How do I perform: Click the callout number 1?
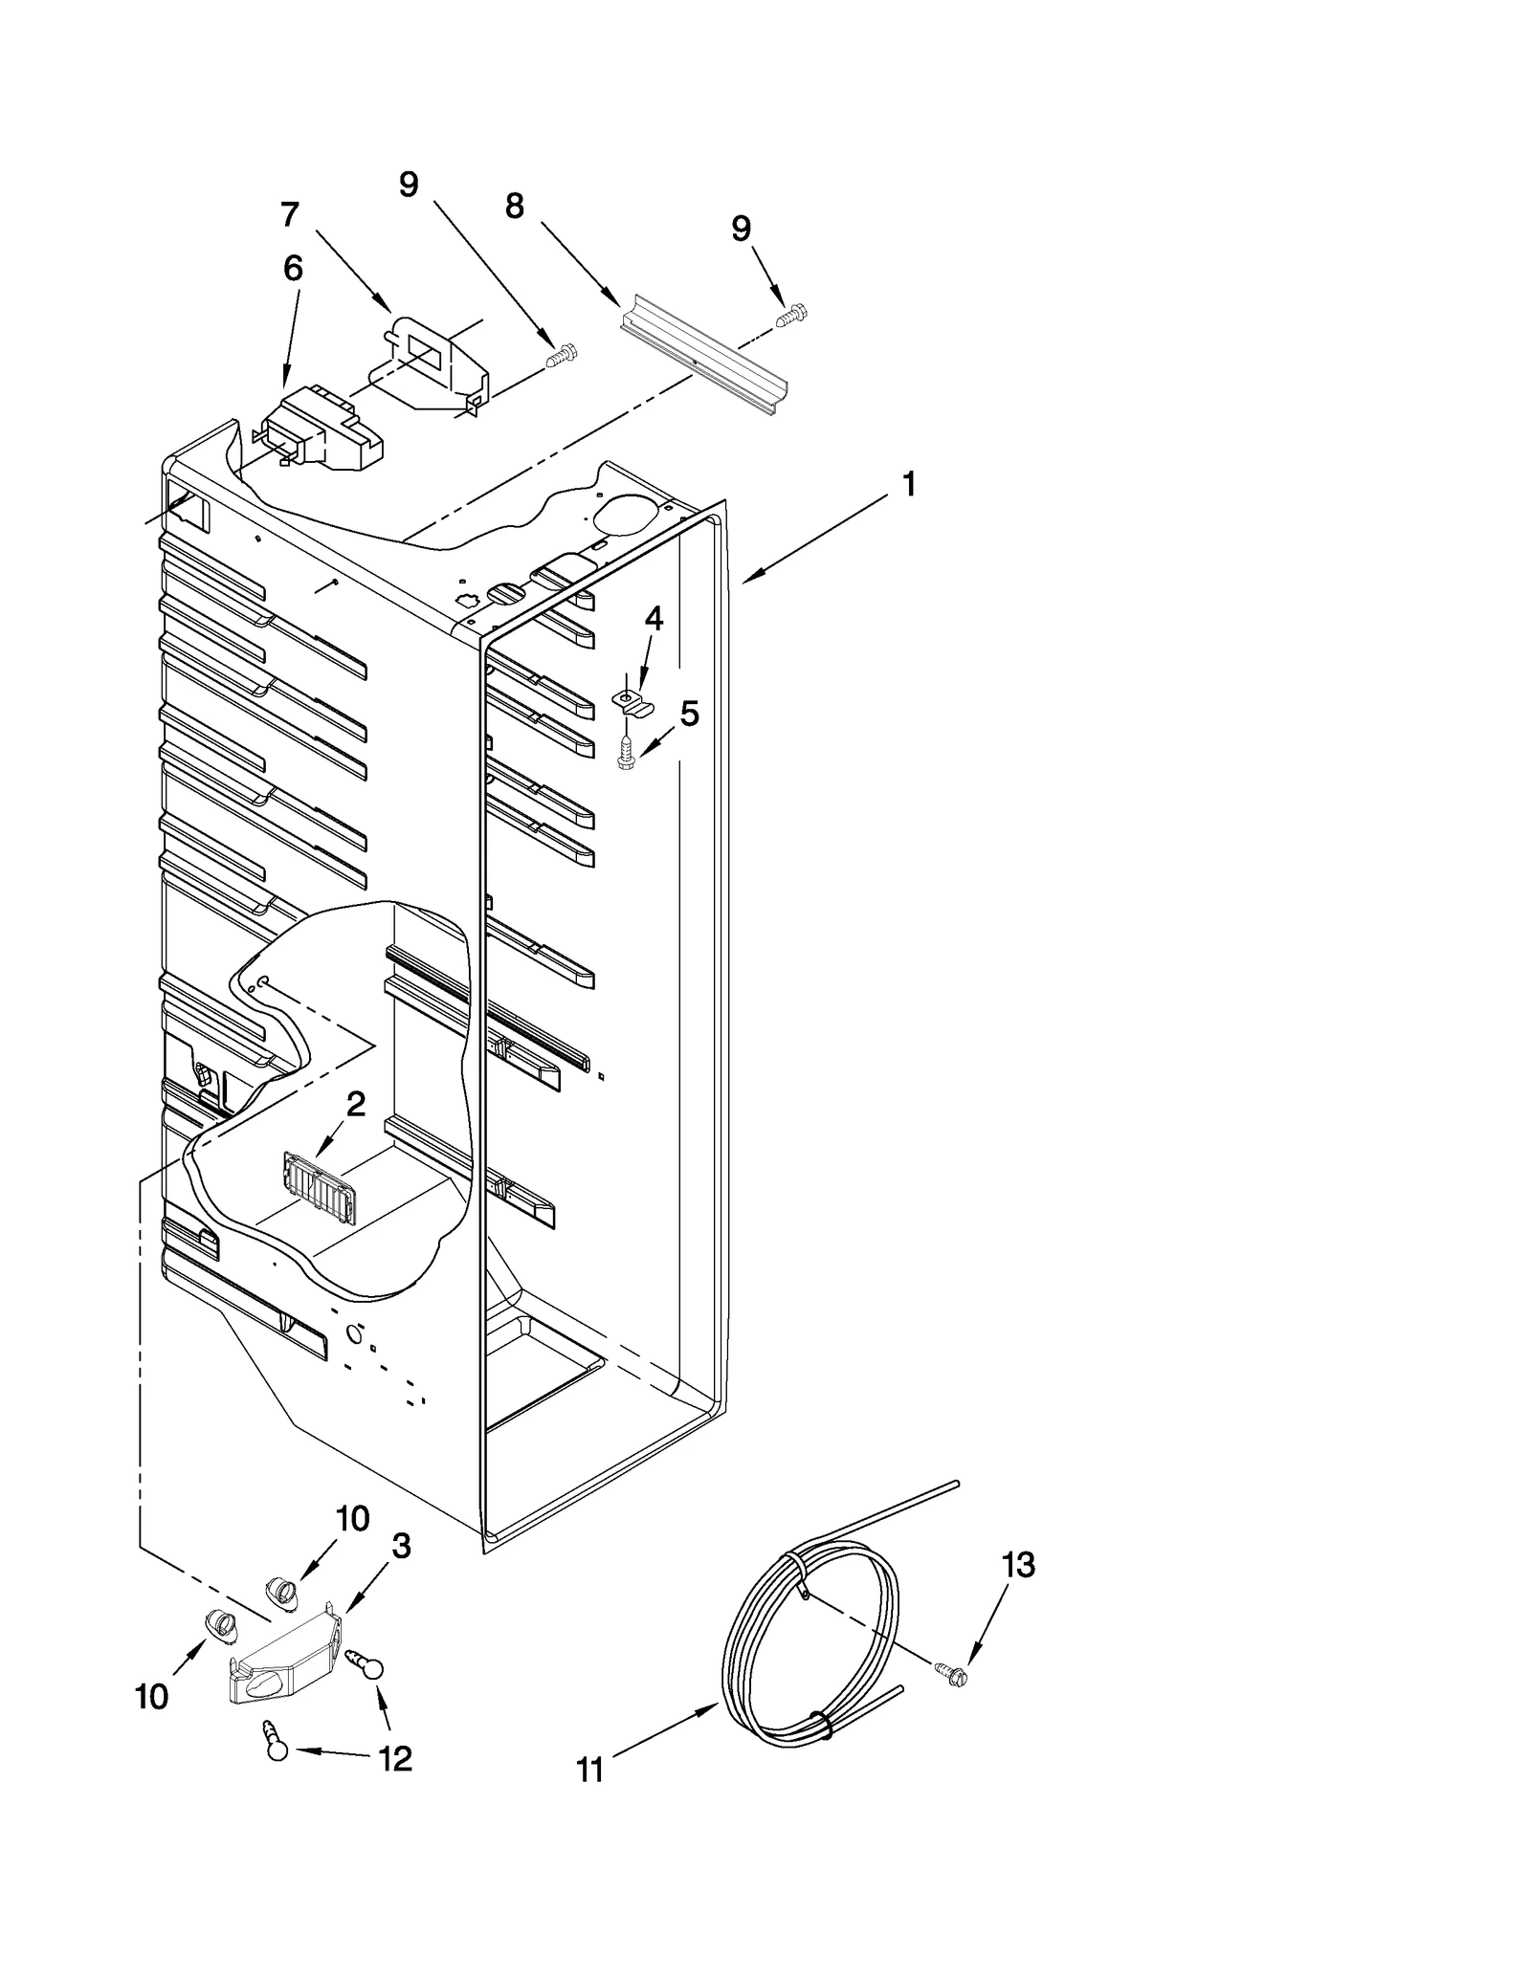(909, 485)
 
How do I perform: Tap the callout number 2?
(355, 1105)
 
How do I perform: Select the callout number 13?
(1018, 1566)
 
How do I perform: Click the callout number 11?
(590, 1771)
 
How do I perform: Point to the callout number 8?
(515, 206)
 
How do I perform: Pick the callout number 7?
(290, 214)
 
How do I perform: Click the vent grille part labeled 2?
(319, 1189)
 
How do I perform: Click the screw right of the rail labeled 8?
(792, 316)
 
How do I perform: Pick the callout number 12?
(395, 1758)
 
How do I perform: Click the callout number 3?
(401, 1546)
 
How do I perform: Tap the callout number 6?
(293, 269)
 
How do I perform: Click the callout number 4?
(654, 619)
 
